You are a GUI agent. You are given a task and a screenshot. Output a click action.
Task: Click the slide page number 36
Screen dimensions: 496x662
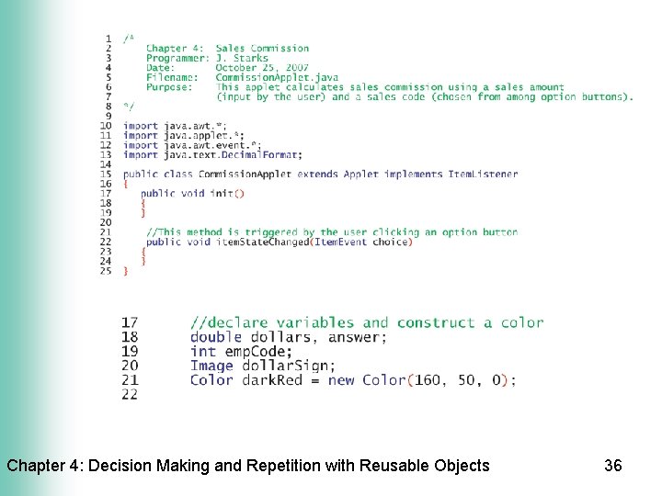pos(613,466)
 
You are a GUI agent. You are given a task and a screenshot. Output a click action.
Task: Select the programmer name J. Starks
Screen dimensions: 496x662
pos(243,58)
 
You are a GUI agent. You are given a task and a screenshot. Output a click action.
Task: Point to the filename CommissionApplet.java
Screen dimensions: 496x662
pos(277,78)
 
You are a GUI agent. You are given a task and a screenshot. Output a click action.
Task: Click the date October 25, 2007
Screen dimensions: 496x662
pos(262,68)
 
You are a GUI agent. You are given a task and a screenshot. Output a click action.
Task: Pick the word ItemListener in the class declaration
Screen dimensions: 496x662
pos(483,174)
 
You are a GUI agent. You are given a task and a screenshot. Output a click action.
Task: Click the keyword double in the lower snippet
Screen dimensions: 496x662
pos(215,337)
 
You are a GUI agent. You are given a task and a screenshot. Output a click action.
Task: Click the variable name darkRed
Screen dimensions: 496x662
pos(272,380)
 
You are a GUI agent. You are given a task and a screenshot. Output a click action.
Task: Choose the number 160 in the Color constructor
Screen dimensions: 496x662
pos(428,380)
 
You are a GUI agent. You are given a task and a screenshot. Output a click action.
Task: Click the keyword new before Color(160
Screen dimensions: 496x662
pos(341,380)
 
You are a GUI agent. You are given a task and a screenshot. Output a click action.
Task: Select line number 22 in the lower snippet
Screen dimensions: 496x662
pos(130,394)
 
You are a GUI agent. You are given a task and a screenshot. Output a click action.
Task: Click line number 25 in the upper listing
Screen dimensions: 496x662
pos(106,271)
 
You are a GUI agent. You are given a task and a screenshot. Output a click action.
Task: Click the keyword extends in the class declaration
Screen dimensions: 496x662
pos(318,174)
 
